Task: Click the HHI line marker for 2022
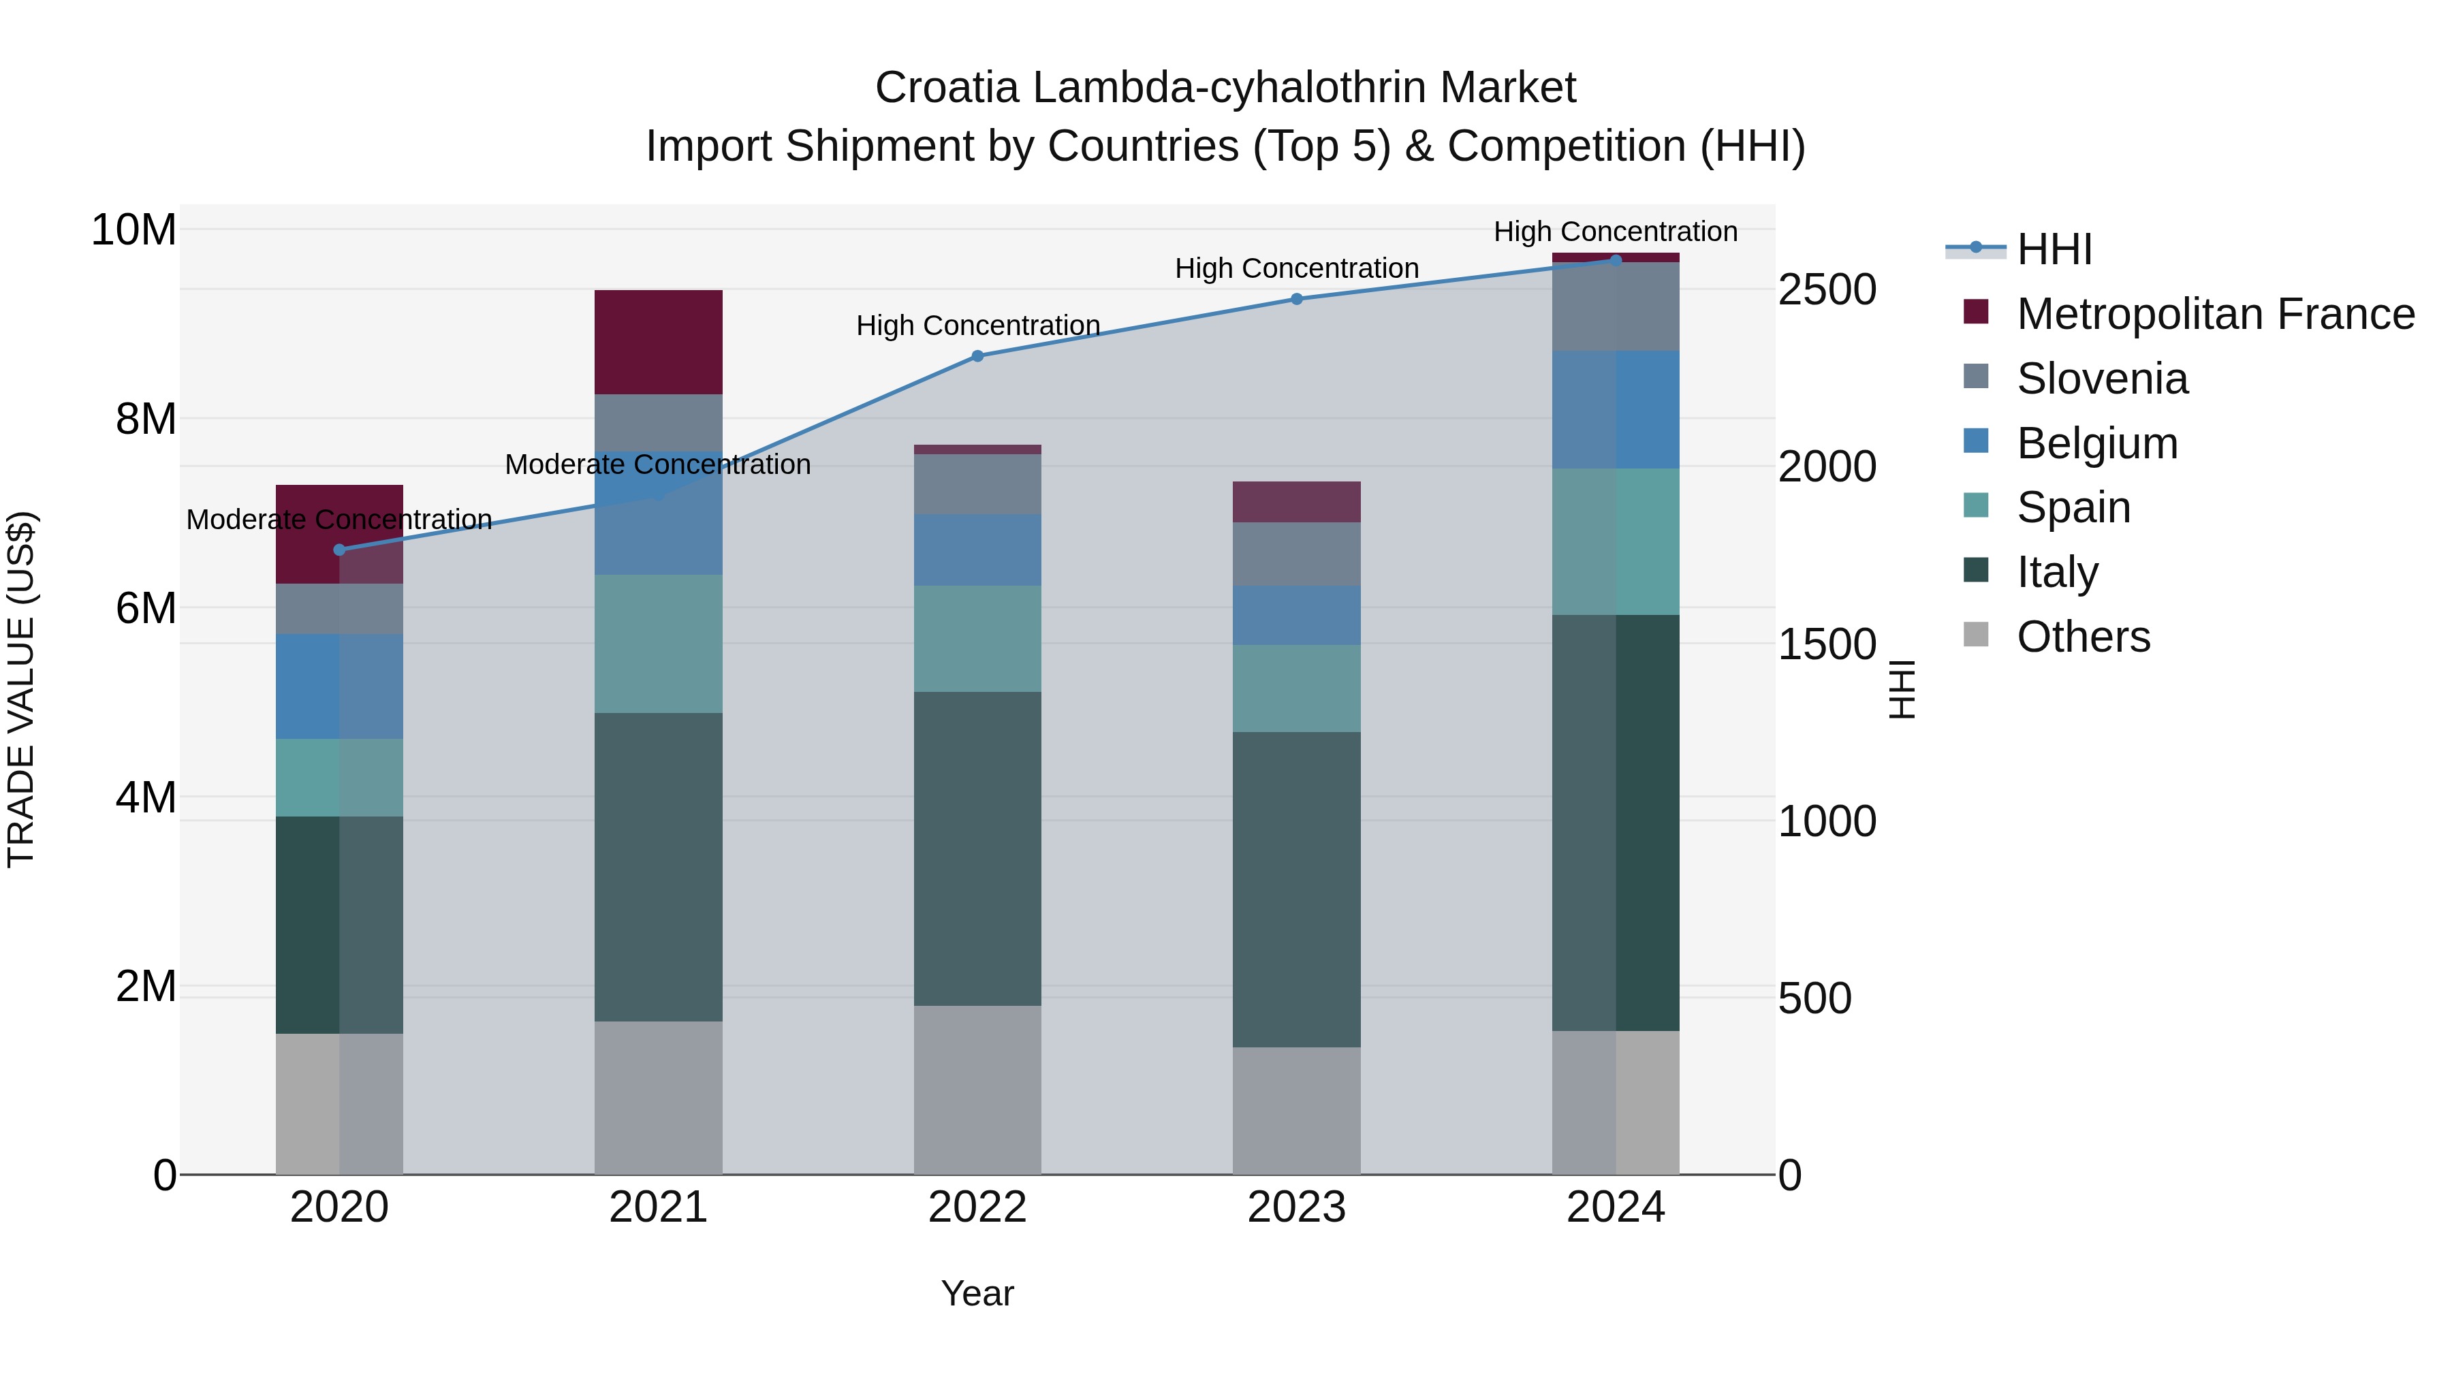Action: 977,356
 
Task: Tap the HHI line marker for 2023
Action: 1295,299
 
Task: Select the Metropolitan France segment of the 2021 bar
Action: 658,342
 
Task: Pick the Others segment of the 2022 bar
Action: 977,1089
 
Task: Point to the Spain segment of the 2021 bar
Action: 658,644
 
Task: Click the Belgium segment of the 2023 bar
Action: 1295,615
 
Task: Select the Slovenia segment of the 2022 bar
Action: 977,484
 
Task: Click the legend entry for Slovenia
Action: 2102,379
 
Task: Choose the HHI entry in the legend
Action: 2054,249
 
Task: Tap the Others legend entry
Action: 2083,637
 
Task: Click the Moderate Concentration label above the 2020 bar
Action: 339,520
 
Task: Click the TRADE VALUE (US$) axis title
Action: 21,689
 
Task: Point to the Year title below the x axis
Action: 977,1293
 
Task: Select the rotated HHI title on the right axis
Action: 1901,689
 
